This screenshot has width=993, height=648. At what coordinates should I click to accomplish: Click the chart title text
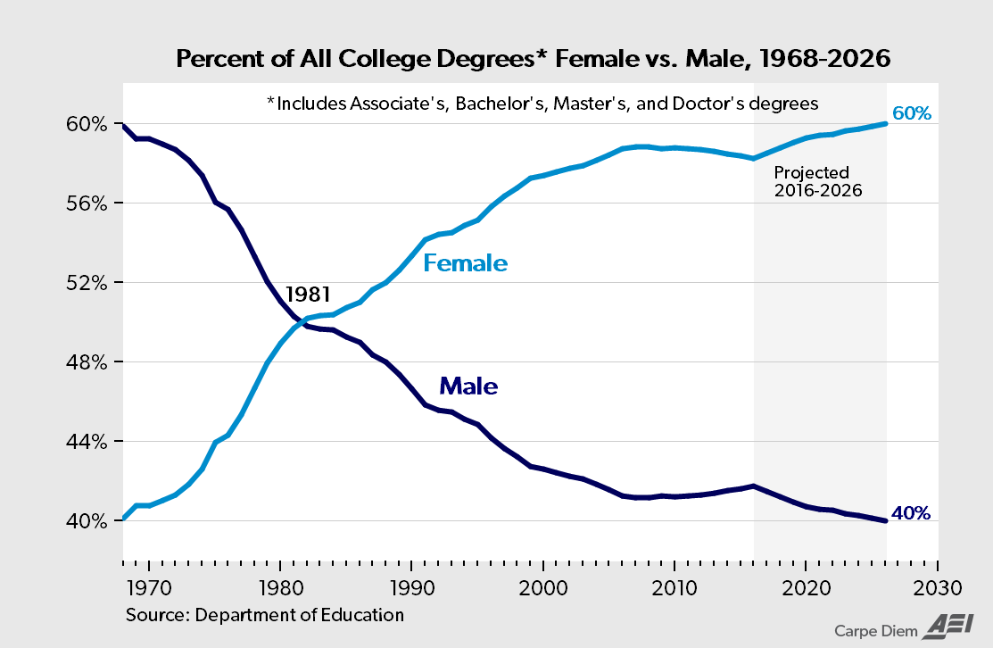coord(534,60)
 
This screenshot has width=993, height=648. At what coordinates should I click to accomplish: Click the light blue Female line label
coord(465,263)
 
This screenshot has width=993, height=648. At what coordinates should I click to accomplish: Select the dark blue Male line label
coord(468,386)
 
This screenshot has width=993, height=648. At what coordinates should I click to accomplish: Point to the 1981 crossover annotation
coord(308,294)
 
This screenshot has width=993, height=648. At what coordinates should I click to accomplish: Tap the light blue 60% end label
coord(912,114)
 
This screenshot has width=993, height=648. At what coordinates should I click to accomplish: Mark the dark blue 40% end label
coord(912,513)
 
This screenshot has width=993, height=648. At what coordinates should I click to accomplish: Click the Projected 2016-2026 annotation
coord(818,181)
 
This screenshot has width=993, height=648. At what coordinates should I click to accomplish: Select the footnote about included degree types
coord(542,104)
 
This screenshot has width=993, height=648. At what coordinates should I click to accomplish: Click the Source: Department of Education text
coord(265,615)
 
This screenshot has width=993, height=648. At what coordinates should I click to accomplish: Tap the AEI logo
coord(946,627)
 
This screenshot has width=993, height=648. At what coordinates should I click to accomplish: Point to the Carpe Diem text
coord(876,631)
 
